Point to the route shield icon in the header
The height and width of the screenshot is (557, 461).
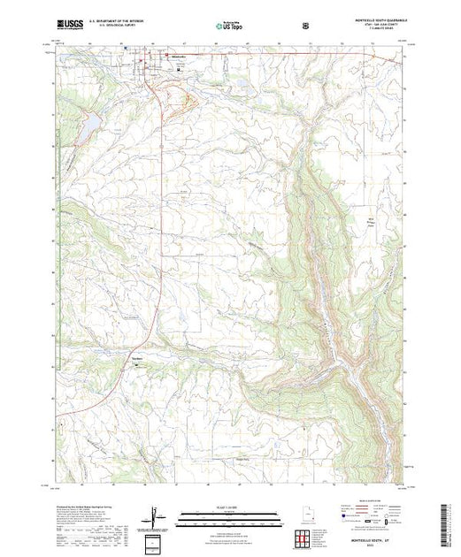click(x=306, y=26)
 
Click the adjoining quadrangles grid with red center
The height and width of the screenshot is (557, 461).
click(x=303, y=537)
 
